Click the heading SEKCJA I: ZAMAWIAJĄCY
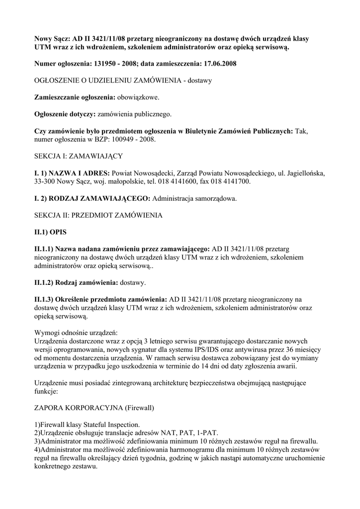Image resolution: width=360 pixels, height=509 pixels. (x=78, y=156)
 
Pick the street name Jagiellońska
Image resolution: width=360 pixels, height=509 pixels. (x=304, y=173)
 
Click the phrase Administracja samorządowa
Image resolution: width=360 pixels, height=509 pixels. (x=194, y=198)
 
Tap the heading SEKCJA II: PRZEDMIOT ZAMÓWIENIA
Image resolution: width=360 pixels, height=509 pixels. (x=98, y=215)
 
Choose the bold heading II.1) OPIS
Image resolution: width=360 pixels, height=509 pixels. (x=50, y=232)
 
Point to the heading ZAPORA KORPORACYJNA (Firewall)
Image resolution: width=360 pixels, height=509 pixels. (x=93, y=408)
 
